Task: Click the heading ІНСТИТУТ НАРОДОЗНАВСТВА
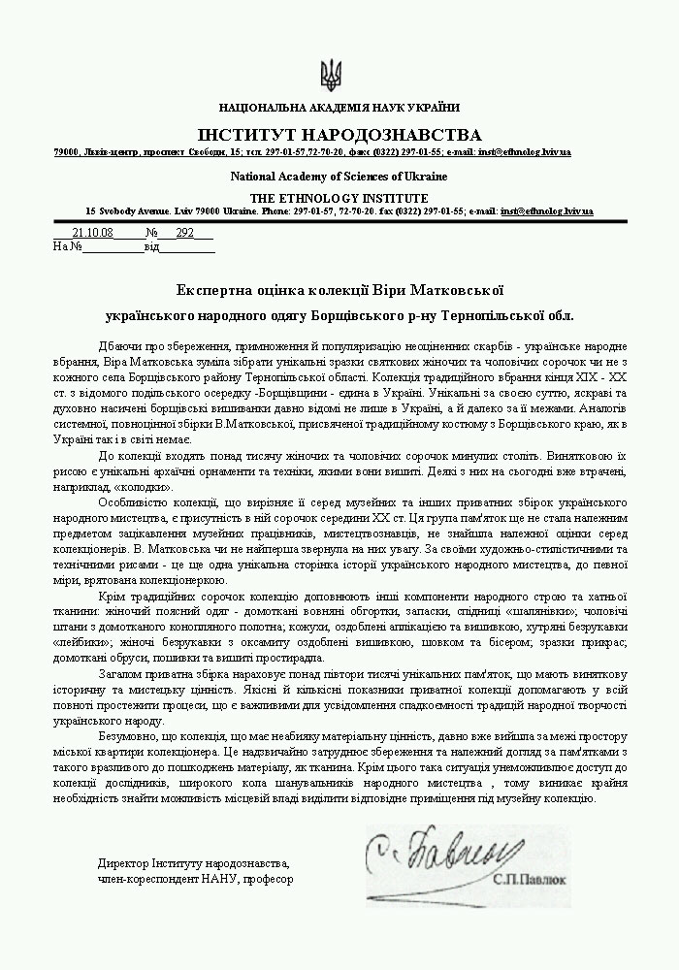[339, 134]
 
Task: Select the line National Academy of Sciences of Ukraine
[339, 177]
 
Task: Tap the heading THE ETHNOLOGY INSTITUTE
[339, 197]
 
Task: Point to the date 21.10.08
[93, 234]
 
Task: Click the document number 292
[185, 234]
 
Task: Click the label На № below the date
[67, 246]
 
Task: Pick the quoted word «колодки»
[145, 487]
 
